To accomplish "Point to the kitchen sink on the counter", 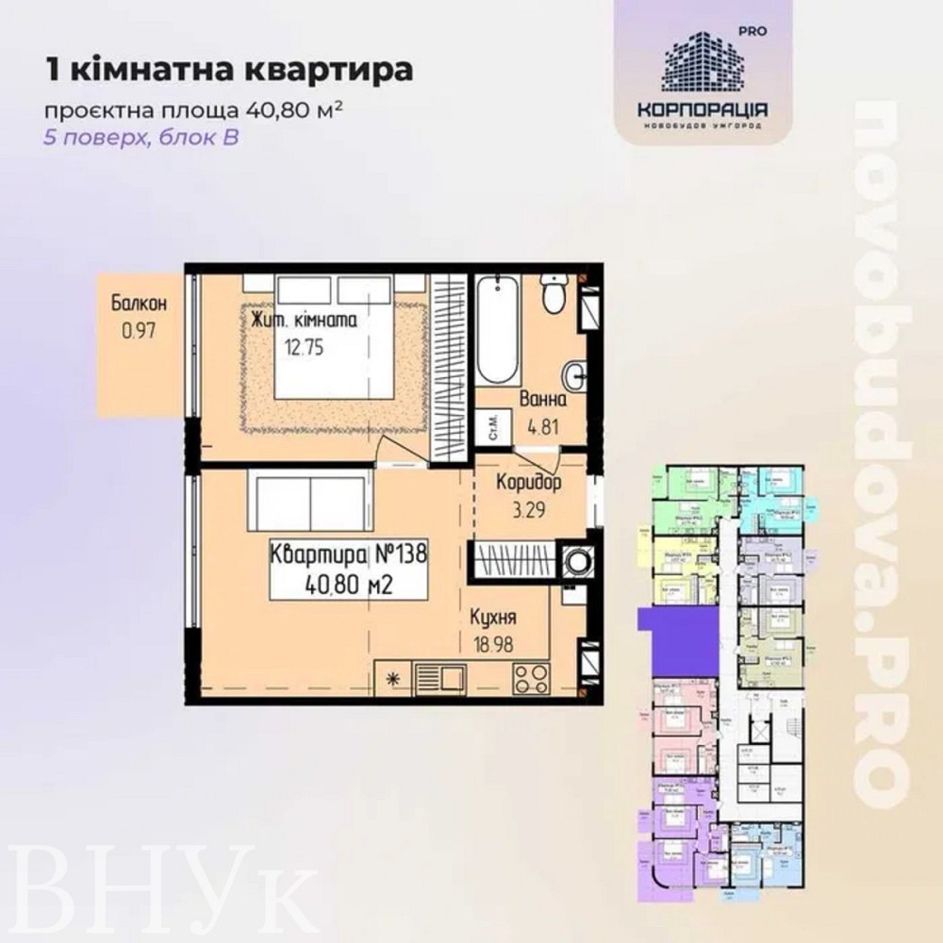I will [439, 678].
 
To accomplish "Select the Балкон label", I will [139, 304].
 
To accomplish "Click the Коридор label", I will [528, 484].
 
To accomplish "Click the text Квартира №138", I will [348, 553].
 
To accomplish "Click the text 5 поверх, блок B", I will [141, 137].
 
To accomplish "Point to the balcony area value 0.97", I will [138, 331].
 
